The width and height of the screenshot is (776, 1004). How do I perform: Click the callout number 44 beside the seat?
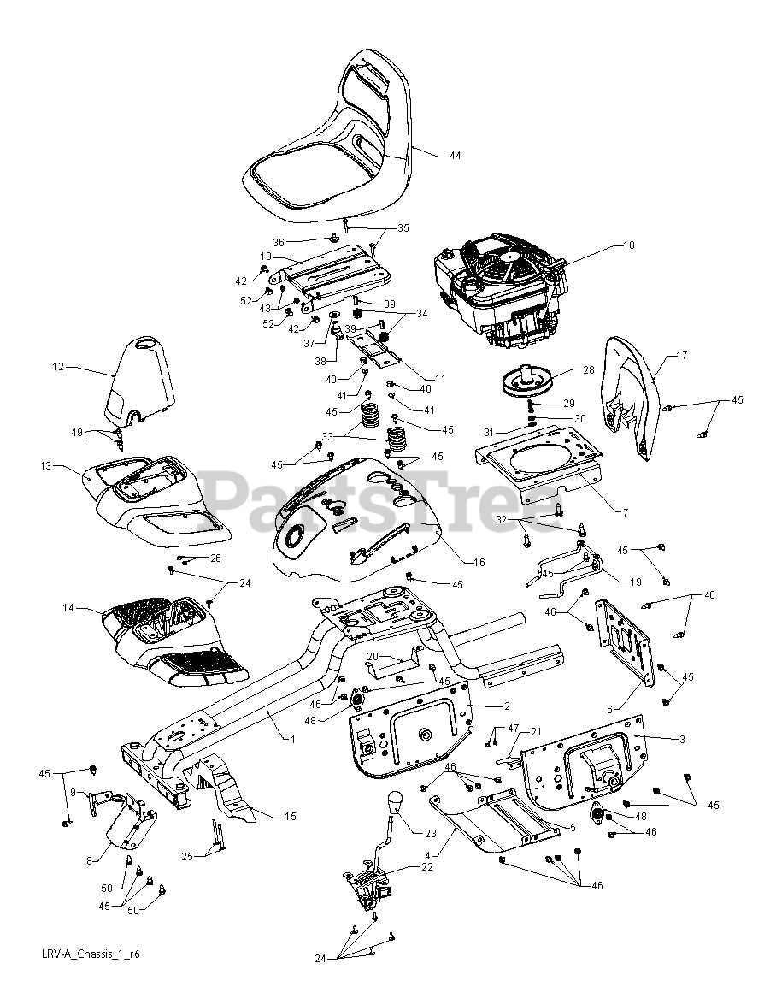tap(455, 156)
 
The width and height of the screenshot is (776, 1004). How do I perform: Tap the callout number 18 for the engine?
tap(629, 245)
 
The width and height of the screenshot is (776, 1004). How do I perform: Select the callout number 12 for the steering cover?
tap(58, 367)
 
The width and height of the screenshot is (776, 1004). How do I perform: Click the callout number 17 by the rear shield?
tap(681, 356)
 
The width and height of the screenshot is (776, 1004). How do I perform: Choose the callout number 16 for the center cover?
tap(479, 562)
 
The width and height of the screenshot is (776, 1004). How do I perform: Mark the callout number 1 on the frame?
tap(293, 740)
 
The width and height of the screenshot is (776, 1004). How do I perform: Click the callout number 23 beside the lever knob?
tap(431, 834)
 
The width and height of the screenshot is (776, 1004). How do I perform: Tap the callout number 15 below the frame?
tap(291, 817)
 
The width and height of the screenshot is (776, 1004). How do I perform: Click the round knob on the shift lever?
tap(396, 800)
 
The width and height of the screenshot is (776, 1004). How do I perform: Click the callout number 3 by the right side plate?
tap(683, 739)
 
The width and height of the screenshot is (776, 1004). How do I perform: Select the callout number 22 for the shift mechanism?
tap(426, 867)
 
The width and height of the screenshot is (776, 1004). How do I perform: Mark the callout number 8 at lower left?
tap(89, 860)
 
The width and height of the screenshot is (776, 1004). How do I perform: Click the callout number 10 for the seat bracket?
tap(266, 257)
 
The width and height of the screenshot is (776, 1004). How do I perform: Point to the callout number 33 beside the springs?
tap(327, 437)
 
